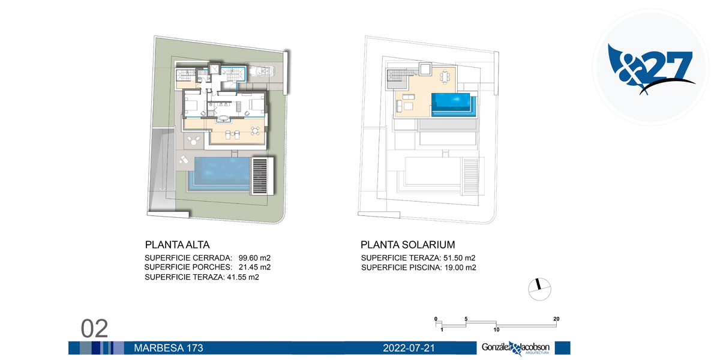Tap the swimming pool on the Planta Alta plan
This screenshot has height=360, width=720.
coord(219,174)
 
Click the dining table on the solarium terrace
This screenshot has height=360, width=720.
coord(445,77)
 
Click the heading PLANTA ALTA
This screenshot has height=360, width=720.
coord(177,245)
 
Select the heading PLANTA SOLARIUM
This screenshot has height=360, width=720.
coord(407,245)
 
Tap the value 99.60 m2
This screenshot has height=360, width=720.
coord(254,258)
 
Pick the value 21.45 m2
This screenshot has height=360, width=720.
coord(254,267)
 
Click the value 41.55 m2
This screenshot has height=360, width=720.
coord(243,277)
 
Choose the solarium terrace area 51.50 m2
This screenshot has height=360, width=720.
coord(460,258)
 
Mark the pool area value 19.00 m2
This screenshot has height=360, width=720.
coord(460,268)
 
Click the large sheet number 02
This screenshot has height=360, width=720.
coord(94,329)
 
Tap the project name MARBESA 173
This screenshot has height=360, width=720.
coord(169,348)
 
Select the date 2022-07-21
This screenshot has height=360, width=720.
coord(409,348)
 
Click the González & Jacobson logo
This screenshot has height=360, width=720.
coord(515,349)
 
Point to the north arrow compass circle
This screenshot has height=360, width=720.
coord(539,289)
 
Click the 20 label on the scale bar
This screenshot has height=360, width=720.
coord(556,319)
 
